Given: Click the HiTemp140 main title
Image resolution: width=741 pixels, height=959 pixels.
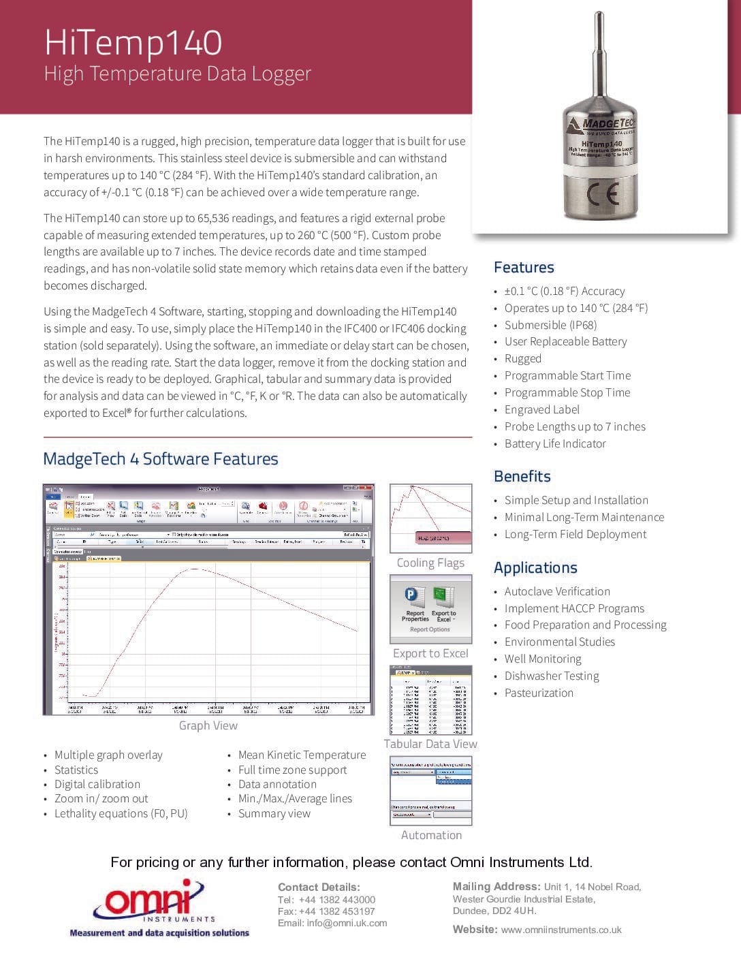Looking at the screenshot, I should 133,42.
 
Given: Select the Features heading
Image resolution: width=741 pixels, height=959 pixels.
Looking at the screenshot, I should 524,268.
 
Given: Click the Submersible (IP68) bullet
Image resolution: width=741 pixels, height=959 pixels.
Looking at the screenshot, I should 550,325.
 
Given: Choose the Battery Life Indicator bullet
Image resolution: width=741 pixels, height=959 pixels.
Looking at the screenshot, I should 555,443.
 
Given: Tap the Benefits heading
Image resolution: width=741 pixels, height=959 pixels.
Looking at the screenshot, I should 522,476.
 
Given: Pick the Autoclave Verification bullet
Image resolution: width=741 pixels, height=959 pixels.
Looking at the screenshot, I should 557,591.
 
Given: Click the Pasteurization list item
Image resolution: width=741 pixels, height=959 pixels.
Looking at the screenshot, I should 539,693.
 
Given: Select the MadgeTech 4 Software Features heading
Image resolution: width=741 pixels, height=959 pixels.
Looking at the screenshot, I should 161,459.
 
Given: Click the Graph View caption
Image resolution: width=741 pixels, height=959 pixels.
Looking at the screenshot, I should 208,725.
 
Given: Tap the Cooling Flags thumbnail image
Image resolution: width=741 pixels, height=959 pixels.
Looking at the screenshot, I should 430,518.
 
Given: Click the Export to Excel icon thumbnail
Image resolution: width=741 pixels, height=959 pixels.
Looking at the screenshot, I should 430,608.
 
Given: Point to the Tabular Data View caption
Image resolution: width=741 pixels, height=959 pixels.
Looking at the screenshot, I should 430,744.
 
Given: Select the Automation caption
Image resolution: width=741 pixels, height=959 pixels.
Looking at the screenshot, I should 431,835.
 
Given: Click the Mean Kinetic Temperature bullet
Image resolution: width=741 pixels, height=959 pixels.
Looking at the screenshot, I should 302,755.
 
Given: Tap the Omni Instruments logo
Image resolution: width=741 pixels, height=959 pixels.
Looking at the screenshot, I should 158,907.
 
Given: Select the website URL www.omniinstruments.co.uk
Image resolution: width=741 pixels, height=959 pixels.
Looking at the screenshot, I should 561,930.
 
